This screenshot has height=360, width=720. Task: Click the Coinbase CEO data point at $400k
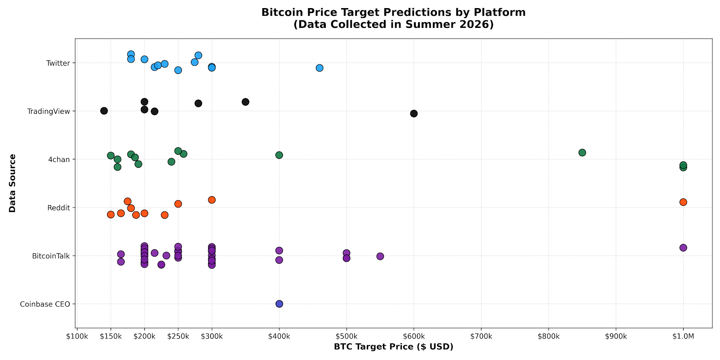tap(279, 304)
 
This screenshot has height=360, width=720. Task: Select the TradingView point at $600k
tap(414, 113)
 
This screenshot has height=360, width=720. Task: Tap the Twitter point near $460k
tap(319, 68)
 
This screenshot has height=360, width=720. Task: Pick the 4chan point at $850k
tap(582, 153)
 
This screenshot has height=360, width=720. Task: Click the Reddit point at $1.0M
tap(684, 202)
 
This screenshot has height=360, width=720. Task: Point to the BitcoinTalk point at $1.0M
tap(684, 248)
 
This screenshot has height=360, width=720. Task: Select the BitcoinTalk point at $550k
tap(380, 256)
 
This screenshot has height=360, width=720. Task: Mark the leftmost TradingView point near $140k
tap(104, 111)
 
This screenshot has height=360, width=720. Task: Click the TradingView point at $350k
tap(246, 102)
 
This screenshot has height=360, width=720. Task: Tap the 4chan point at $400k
tap(279, 155)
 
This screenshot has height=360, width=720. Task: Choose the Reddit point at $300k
tap(212, 200)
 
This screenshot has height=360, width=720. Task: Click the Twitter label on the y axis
tap(58, 63)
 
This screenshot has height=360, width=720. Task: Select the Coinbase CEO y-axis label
tap(45, 304)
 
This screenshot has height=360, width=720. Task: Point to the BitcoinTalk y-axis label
tap(51, 256)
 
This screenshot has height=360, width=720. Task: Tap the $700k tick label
tap(481, 337)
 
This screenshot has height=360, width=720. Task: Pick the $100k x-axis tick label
tap(77, 337)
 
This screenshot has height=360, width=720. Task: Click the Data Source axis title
tap(12, 183)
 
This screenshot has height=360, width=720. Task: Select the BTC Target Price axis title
tap(394, 347)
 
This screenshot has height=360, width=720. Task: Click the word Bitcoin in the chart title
tap(282, 12)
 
